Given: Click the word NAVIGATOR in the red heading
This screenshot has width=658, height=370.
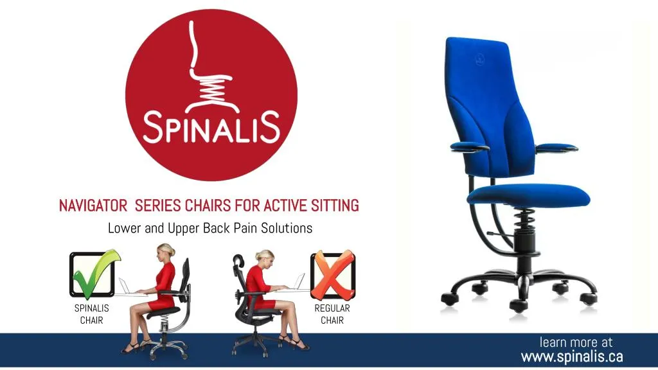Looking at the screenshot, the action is coord(93,206).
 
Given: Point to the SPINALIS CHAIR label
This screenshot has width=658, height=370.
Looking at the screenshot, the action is coord(91,314).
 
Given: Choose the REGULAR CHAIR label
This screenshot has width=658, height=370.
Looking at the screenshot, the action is coord(332,314).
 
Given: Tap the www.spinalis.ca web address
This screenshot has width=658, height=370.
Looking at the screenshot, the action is coord(572,357).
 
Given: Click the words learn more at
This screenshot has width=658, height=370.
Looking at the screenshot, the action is coord(576,342).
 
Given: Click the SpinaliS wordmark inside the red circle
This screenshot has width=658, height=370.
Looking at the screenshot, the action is coord(211,127).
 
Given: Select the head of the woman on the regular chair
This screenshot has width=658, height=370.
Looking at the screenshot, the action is coord(265,257).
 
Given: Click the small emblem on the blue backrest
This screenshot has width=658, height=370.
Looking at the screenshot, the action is coord(480,60).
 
